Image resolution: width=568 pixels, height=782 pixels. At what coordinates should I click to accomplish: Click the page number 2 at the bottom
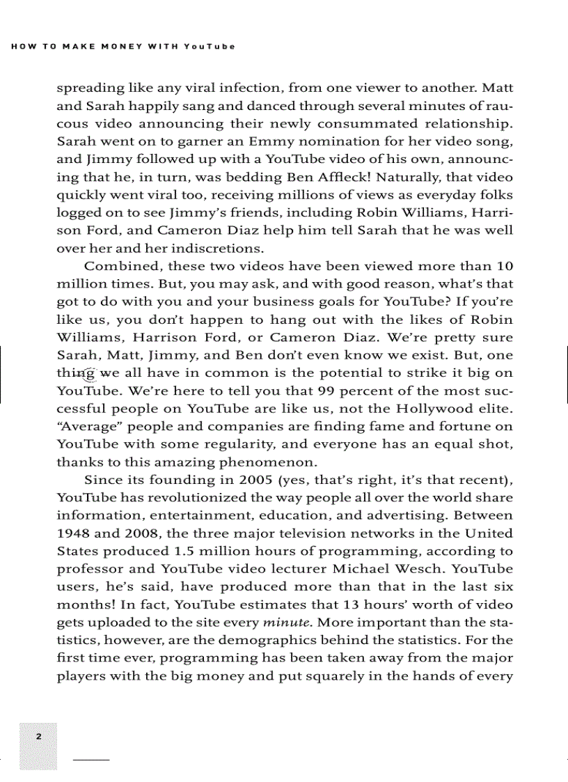[x=39, y=736]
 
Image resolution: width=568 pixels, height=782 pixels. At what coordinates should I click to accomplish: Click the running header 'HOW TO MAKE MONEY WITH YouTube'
[x=123, y=47]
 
